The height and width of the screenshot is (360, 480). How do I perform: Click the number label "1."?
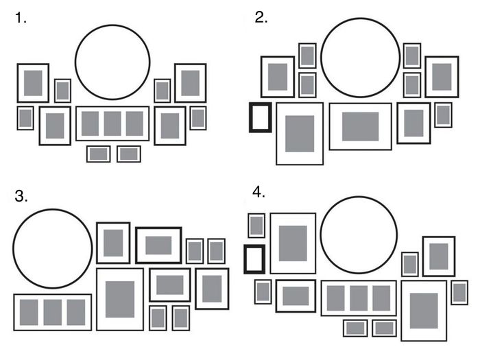pos(21,19)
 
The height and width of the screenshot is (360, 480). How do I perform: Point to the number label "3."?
pos(21,196)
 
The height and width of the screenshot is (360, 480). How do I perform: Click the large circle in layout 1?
pos(112,62)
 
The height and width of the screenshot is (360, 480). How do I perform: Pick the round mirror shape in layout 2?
pos(360,57)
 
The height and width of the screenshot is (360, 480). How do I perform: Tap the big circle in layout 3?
pos(53,248)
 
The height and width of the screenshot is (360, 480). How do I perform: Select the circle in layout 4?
pos(359,234)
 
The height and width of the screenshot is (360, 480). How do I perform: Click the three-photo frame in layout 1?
pos(112,123)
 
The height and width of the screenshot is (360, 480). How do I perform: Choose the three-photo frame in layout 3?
pos(53,312)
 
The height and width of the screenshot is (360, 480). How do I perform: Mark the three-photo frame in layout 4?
pos(359,298)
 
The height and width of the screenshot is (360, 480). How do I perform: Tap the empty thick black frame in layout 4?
pos(254,259)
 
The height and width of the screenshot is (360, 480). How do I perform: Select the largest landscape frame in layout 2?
pos(361,126)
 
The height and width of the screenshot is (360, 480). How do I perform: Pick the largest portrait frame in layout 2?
pos(300,133)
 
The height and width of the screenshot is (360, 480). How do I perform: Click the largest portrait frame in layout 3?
pos(120,299)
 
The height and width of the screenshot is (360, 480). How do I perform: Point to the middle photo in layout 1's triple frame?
pos(112,123)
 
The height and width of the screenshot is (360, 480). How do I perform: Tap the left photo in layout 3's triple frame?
pos(30,312)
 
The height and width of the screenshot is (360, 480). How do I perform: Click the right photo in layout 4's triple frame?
pos(381,298)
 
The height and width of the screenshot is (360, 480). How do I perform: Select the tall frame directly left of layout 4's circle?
pos(293,243)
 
